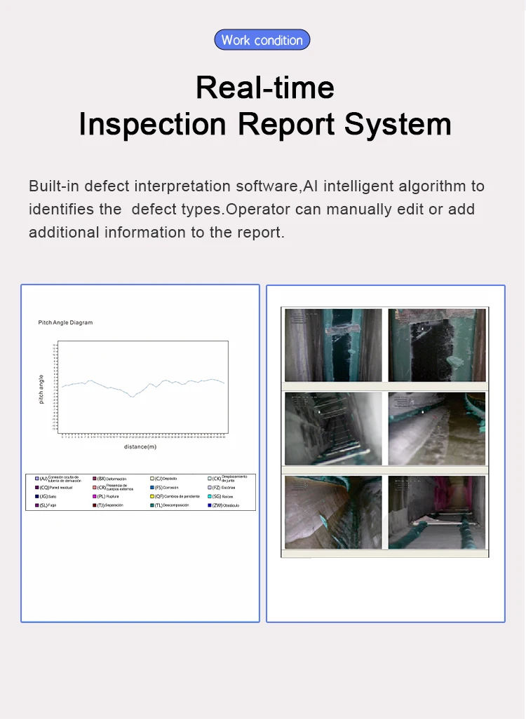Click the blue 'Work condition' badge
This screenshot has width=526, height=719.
262,40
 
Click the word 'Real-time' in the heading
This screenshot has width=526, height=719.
264,88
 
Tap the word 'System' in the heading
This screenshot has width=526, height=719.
398,124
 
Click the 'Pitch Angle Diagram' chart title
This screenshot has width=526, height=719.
65,322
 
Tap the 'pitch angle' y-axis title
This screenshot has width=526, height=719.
41,388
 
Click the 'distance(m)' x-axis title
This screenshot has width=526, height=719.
140,446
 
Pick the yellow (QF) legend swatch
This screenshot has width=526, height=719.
152,496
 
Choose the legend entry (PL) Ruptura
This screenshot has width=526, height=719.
107,496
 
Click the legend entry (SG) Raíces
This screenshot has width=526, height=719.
222,496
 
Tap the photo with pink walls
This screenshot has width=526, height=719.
437,512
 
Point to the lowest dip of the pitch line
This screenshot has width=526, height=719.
131,397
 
